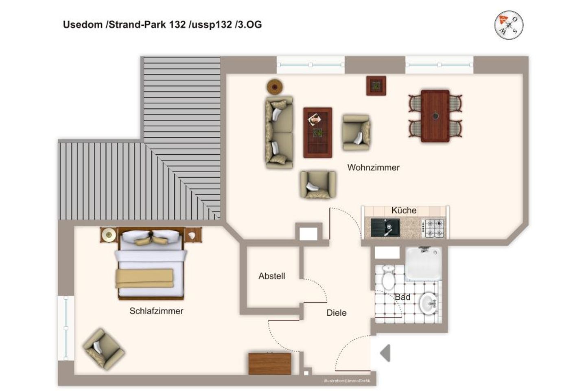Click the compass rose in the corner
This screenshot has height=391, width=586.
tap(509, 25)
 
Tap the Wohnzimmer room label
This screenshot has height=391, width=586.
tap(373, 168)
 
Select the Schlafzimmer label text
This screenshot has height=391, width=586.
tap(156, 311)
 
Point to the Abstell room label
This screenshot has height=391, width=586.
tap(271, 276)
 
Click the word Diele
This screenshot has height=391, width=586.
tap(337, 313)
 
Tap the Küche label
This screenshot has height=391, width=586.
tap(404, 210)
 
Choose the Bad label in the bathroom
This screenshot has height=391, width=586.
tap(402, 297)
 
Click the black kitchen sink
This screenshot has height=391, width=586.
tap(385, 228)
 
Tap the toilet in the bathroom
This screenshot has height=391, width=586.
tap(388, 277)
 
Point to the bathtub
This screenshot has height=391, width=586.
tap(423, 264)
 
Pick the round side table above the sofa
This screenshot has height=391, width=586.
tap(274, 86)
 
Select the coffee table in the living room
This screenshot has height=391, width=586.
tap(317, 132)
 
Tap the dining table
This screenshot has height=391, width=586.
tap(435, 116)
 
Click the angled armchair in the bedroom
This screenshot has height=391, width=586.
tap(104, 349)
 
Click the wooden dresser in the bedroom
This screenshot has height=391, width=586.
tap(269, 363)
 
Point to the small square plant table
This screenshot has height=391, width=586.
tap(376, 86)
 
